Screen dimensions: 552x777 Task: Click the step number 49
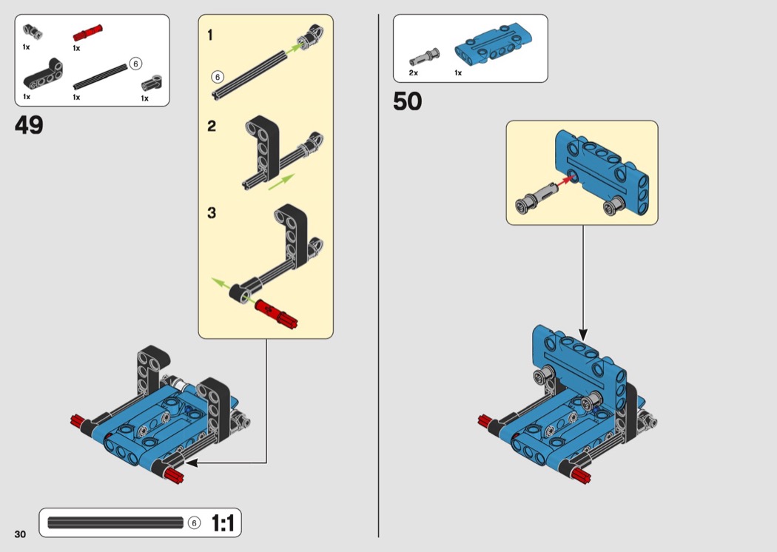29,125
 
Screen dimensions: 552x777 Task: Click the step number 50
408,101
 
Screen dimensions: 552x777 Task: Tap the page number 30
19,534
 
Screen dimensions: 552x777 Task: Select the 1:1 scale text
223,524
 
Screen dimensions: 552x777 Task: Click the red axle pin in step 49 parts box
87,33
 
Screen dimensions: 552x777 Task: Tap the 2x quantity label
413,73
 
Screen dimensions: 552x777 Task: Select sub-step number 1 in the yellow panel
211,35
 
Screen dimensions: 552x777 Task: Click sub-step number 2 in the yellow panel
212,127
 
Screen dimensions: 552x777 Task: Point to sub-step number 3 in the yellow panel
212,213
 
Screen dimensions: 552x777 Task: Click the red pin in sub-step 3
275,312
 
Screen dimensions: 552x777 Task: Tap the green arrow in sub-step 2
280,182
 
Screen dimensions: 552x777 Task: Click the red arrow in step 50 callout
567,178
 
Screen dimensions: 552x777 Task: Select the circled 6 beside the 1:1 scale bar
194,523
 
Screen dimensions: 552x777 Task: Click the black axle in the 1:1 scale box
115,523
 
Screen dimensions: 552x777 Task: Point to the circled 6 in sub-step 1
217,76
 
